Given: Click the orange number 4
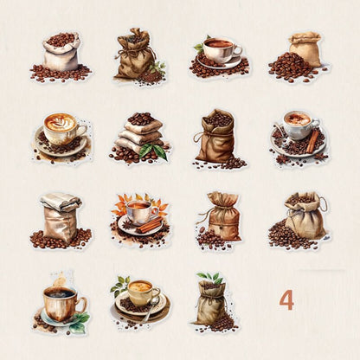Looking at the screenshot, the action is click(286, 300).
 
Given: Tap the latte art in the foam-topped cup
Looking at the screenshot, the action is click(61, 123).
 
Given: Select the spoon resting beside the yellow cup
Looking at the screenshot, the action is click(151, 308).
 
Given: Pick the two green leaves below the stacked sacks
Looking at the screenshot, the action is click(153, 151).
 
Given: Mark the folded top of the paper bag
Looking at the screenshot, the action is click(61, 201).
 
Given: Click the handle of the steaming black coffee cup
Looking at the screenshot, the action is click(80, 305).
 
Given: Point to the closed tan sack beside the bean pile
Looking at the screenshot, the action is click(306, 49).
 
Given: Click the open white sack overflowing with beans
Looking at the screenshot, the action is click(61, 54).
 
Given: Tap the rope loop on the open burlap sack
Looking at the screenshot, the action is click(325, 202).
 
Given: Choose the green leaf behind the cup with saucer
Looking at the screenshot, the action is click(198, 48).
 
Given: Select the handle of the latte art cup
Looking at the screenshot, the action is click(81, 132).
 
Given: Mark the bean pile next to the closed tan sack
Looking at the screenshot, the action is click(290, 67).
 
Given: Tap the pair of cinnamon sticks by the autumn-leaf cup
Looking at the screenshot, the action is click(150, 225).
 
